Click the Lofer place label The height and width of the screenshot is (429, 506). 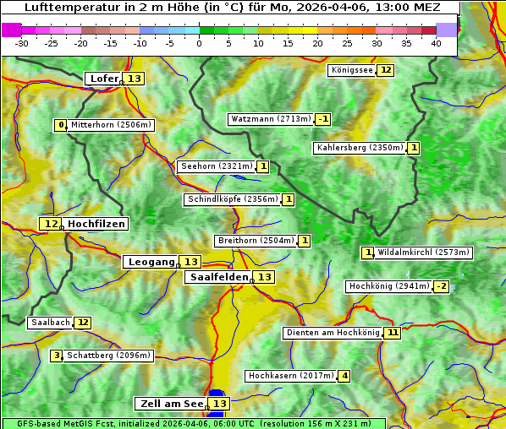click(104, 79)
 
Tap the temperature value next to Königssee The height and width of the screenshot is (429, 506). click(386, 70)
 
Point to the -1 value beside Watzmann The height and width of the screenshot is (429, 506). click(323, 119)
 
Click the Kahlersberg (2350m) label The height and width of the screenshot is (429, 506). click(360, 148)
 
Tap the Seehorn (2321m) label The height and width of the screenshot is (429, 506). click(217, 166)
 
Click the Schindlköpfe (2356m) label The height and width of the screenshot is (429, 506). click(232, 199)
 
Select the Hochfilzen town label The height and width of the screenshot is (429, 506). click(96, 224)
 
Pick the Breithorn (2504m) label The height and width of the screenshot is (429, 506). click(256, 241)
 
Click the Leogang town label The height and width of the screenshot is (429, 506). click(151, 262)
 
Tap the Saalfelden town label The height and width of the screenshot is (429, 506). click(218, 277)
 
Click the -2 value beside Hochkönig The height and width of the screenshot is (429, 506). click(442, 286)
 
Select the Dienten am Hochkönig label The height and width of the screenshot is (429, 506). click(332, 333)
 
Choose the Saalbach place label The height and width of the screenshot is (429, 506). click(50, 323)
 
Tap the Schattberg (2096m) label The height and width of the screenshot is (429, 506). click(109, 356)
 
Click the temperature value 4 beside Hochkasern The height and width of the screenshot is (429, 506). click(344, 376)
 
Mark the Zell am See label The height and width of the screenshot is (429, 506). click(171, 404)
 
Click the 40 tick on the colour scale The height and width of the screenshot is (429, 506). click(436, 43)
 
